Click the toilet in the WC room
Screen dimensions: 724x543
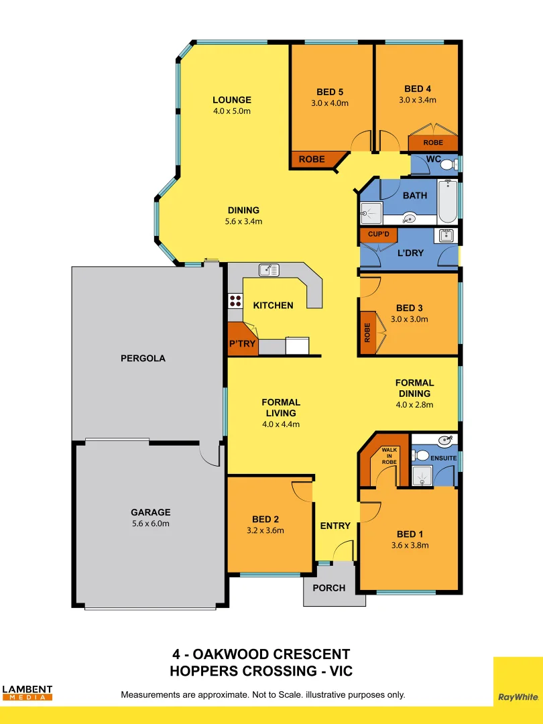click(x=447, y=164)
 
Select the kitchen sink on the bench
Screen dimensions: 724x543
click(x=269, y=269)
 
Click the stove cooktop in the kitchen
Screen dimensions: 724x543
click(x=235, y=300)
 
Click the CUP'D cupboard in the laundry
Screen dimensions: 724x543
click(x=379, y=234)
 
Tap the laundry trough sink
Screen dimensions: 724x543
click(x=446, y=235)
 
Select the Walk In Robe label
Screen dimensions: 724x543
click(x=389, y=456)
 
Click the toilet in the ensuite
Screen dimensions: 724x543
click(x=422, y=455)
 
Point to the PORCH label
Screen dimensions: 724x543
click(x=329, y=588)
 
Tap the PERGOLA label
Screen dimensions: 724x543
click(x=143, y=358)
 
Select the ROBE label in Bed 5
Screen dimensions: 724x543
click(x=312, y=160)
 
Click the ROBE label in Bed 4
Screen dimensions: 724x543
click(x=433, y=143)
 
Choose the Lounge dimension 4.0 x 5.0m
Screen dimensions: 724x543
click(x=232, y=111)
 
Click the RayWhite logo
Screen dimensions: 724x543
click(x=518, y=697)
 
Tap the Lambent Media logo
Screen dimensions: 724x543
click(x=27, y=692)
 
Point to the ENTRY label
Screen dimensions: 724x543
click(x=335, y=526)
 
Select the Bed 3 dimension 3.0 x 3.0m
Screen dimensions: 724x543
click(x=409, y=319)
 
